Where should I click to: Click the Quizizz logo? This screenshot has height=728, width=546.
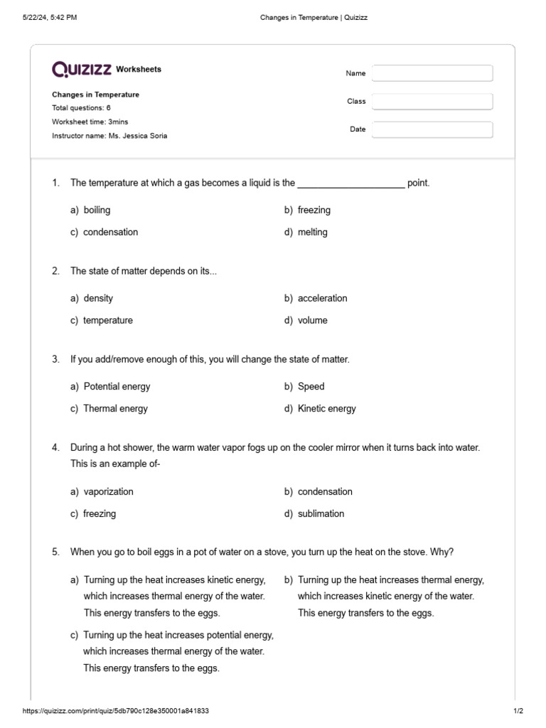tap(81, 69)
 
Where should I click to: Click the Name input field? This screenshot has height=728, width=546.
tap(432, 73)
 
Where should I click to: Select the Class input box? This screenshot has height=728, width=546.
tap(432, 102)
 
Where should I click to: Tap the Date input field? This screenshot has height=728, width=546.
tap(432, 129)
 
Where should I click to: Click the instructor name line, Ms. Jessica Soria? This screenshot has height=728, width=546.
tap(109, 136)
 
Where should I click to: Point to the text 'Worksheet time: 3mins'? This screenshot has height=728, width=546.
tap(90, 122)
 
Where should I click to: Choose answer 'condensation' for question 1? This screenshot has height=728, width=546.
tap(110, 232)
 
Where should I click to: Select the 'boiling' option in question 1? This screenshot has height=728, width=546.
tap(97, 210)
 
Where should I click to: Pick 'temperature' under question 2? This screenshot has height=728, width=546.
tap(107, 320)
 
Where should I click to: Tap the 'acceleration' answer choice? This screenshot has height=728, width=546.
tap(322, 298)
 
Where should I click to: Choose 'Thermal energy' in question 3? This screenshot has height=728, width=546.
tap(115, 408)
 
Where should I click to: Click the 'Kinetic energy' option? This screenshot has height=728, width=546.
tap(326, 408)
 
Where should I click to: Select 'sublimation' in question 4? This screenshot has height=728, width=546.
tap(321, 513)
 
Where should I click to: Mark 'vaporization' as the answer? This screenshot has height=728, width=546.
tap(108, 491)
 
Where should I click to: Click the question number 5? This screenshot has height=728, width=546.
tap(55, 552)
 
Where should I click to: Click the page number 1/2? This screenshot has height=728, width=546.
tap(518, 711)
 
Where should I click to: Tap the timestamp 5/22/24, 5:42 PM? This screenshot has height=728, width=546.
tap(50, 17)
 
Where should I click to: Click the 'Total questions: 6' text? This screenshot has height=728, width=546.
tap(81, 108)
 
